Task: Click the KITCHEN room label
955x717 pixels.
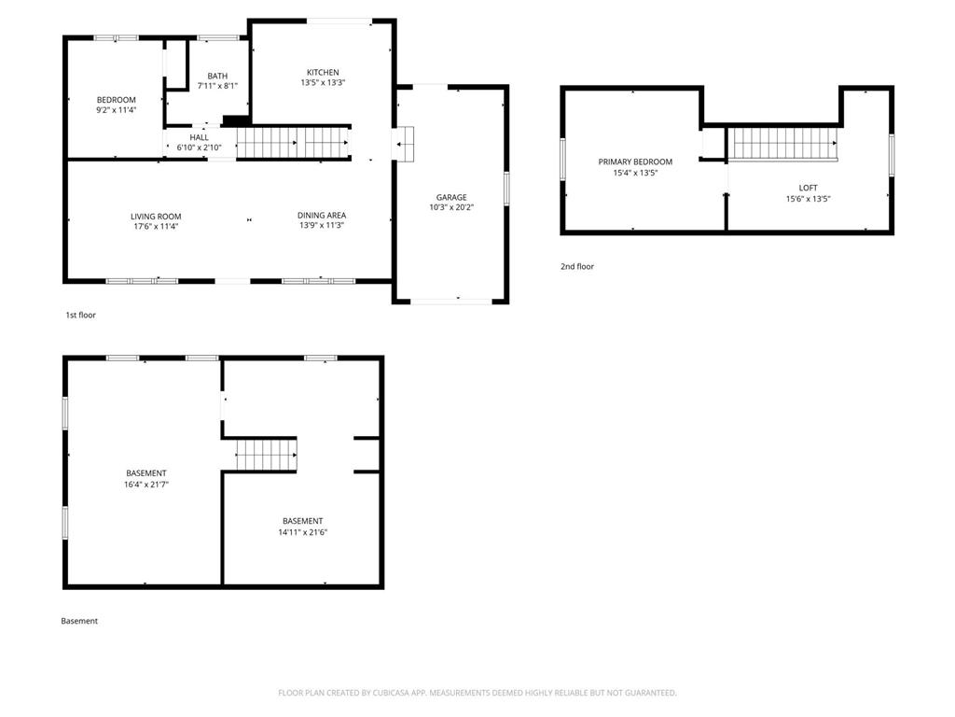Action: click(x=323, y=73)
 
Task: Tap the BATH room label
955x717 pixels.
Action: click(x=217, y=77)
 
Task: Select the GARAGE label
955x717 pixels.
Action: click(x=451, y=198)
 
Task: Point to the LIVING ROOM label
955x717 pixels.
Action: click(x=156, y=217)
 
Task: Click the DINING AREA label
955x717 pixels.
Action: click(x=322, y=216)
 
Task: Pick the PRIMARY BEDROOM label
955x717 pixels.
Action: click(x=635, y=162)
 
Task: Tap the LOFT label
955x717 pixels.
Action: click(x=809, y=188)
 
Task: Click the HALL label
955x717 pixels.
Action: click(x=200, y=138)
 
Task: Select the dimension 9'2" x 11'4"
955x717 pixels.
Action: click(x=116, y=110)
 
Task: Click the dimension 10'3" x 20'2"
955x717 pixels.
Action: click(x=451, y=207)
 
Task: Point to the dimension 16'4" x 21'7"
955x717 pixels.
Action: click(x=146, y=485)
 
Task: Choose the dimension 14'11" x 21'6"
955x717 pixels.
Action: click(x=303, y=532)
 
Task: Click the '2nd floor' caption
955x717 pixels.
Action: click(x=576, y=266)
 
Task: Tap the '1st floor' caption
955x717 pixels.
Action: click(x=80, y=316)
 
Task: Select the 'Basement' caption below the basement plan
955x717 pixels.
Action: click(x=79, y=621)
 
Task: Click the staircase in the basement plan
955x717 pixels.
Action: click(x=267, y=455)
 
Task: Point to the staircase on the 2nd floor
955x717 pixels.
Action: click(x=783, y=143)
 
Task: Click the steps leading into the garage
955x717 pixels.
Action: click(x=403, y=144)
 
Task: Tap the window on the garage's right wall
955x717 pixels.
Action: click(x=506, y=189)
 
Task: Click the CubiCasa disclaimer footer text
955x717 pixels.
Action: click(x=477, y=693)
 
